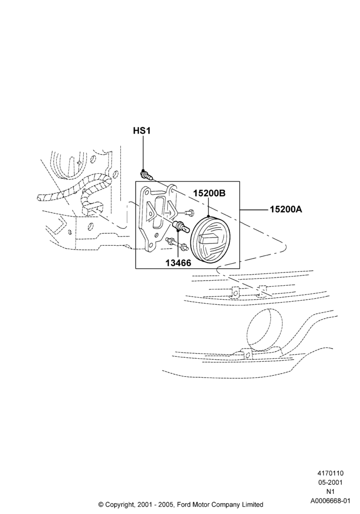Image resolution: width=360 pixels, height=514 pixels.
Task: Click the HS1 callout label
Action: point(141,131)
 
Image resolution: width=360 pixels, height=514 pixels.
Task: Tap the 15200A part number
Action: point(286,209)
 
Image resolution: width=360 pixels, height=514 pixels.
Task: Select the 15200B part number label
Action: point(209,193)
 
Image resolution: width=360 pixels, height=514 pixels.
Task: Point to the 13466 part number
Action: point(178,263)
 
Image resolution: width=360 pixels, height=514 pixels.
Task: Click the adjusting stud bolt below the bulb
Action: point(177,245)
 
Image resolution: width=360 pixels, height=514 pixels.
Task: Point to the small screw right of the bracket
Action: point(189,213)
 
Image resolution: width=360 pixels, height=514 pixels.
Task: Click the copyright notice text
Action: point(181,504)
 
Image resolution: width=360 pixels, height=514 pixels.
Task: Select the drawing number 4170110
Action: point(330,473)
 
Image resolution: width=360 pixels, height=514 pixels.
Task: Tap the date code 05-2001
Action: point(330,482)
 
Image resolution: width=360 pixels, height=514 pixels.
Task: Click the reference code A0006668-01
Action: point(330,501)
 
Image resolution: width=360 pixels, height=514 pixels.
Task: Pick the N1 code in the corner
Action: point(330,491)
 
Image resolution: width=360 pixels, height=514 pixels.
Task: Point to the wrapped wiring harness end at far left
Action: point(41,197)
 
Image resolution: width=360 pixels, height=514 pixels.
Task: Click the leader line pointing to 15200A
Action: point(255,209)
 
